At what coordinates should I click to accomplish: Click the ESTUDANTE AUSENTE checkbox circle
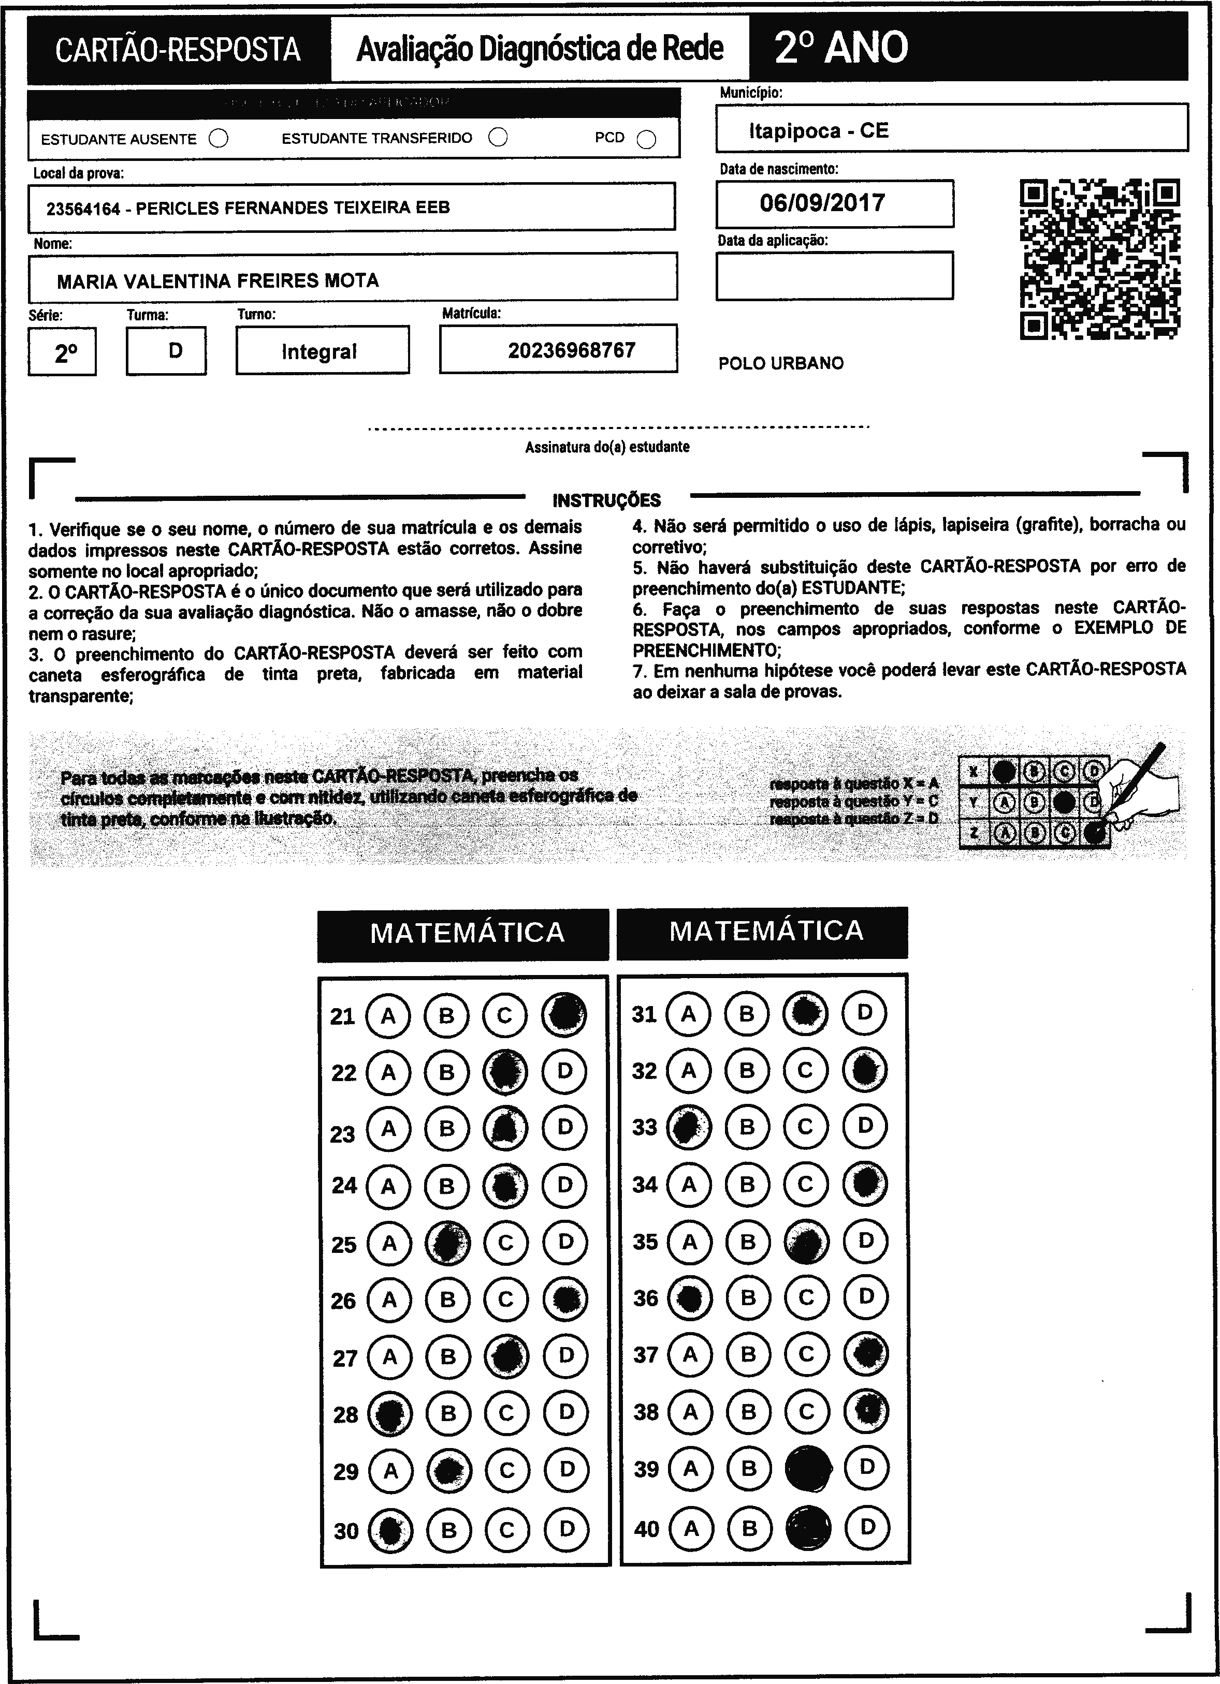coord(219,139)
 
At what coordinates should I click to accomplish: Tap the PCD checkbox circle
coord(646,140)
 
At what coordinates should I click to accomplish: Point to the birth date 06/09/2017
coord(822,203)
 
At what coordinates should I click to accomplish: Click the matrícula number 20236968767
coord(571,350)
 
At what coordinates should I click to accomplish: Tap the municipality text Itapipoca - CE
coord(819,131)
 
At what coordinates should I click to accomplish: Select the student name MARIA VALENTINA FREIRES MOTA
coord(217,280)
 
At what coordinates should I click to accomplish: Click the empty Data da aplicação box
coord(834,275)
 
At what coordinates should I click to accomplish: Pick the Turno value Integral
coord(319,351)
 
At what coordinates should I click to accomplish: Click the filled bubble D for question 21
coord(564,1014)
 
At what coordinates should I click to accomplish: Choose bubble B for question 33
coord(747,1127)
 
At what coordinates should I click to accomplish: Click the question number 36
coord(645,1298)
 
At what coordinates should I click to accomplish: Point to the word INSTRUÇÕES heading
coord(606,500)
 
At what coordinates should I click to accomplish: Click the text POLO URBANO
coord(781,364)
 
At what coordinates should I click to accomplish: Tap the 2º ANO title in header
coord(841,48)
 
